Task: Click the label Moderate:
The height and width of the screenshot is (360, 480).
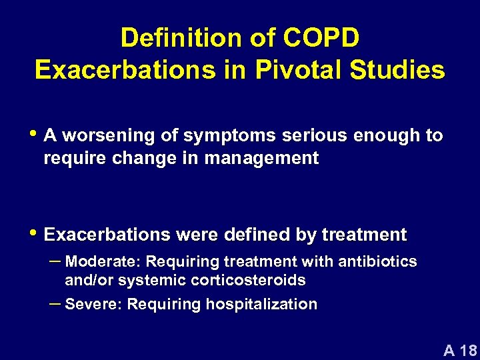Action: [103, 261]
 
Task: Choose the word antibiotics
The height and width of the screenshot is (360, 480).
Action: [377, 261]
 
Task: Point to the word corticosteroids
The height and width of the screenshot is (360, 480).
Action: [248, 281]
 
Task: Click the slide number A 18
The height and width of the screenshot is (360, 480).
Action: [460, 350]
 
